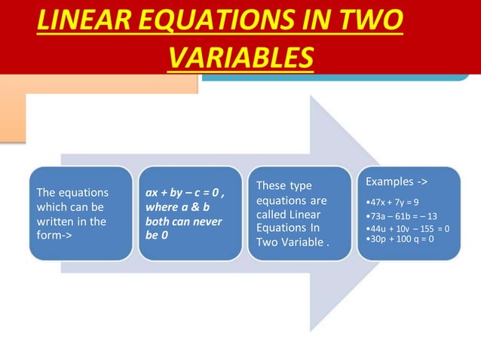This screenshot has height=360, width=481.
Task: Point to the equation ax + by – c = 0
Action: (183, 193)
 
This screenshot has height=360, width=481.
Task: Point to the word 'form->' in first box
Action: (54, 235)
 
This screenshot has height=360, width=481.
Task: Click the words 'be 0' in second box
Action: (157, 235)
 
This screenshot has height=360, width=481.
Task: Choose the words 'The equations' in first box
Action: (72, 193)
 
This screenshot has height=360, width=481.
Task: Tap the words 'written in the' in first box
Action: (72, 221)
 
